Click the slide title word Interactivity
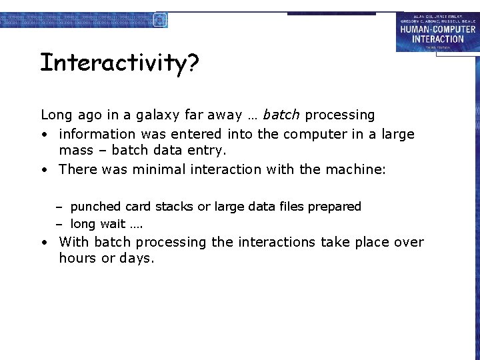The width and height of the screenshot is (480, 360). click(x=112, y=63)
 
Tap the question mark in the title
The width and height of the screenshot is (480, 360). click(x=192, y=63)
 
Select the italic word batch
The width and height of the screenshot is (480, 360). click(x=281, y=115)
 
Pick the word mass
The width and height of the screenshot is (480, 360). click(x=75, y=151)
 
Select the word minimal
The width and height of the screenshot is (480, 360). click(x=159, y=169)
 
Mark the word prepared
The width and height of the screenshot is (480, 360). click(x=335, y=207)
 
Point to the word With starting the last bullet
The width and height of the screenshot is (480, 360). click(x=74, y=242)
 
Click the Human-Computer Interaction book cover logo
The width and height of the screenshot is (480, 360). click(x=437, y=33)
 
